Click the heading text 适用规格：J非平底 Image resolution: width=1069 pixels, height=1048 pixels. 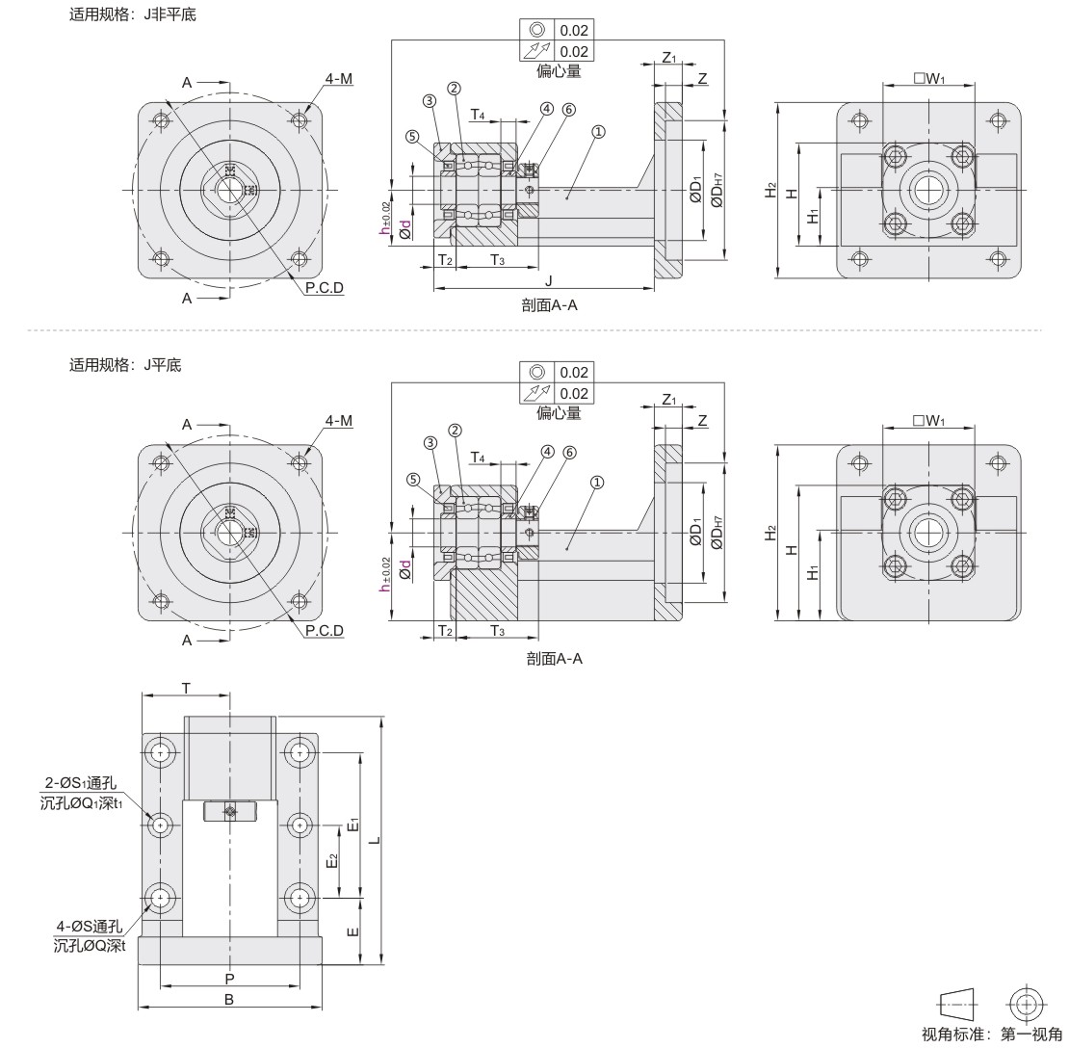[132, 14]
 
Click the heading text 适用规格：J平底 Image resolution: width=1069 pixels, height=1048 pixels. [125, 365]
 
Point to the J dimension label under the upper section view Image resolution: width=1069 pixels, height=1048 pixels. [549, 281]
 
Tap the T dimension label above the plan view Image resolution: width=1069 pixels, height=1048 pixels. [186, 689]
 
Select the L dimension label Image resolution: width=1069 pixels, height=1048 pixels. [375, 839]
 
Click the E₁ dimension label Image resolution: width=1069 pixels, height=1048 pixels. [352, 825]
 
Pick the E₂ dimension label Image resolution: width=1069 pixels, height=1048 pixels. [332, 861]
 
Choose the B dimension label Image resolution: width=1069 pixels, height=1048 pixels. [229, 1000]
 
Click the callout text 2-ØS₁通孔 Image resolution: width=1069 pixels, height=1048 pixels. [81, 783]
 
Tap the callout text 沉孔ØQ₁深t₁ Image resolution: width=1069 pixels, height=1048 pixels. [81, 803]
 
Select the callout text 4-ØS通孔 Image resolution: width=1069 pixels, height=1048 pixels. [90, 926]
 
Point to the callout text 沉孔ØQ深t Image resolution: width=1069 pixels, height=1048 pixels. [90, 946]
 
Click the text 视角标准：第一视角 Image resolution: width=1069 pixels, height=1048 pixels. [992, 1035]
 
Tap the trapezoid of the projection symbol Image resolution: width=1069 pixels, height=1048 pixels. [958, 1004]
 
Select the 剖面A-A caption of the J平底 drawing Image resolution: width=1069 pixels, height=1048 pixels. [555, 659]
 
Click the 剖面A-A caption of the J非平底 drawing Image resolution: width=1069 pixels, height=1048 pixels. [550, 305]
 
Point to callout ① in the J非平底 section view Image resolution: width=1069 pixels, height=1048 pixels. [598, 132]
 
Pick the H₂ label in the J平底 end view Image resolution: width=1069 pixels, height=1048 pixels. [771, 533]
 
